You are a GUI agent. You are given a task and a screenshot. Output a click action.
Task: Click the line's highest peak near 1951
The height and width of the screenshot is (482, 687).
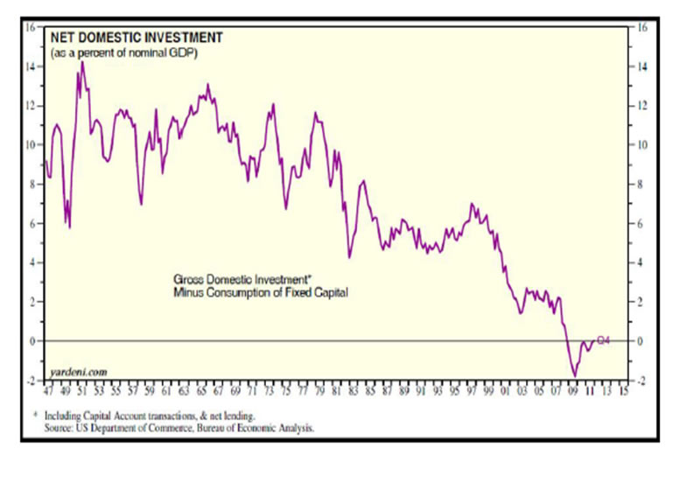click(x=82, y=62)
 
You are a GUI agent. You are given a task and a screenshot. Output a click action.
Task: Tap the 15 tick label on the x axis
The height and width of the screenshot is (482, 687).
click(x=622, y=394)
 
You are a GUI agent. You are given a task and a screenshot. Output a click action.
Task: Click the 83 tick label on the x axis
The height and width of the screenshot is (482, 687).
click(x=352, y=394)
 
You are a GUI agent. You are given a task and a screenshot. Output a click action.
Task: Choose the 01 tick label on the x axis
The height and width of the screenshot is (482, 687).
click(x=504, y=394)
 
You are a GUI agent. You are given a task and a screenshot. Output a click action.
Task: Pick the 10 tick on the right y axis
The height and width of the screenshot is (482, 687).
click(x=641, y=145)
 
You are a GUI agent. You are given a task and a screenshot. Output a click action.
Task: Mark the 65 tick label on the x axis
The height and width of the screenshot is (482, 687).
click(x=200, y=394)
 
